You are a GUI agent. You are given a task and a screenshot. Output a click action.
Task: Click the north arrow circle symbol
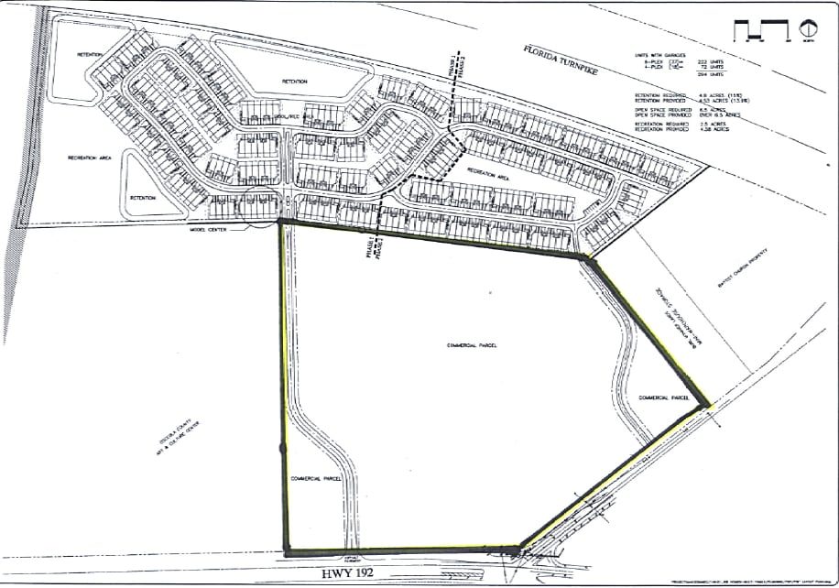point(809,29)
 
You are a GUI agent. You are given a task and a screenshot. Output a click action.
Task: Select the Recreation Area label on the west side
point(89,158)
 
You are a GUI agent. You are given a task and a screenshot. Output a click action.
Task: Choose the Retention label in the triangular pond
point(143,197)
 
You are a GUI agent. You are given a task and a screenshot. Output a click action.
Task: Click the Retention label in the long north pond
point(294,82)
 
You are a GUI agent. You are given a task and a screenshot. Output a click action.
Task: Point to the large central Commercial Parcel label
point(471,346)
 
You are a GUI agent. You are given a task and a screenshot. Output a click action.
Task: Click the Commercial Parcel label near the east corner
point(664,397)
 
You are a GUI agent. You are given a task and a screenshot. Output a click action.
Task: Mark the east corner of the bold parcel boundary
point(708,404)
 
